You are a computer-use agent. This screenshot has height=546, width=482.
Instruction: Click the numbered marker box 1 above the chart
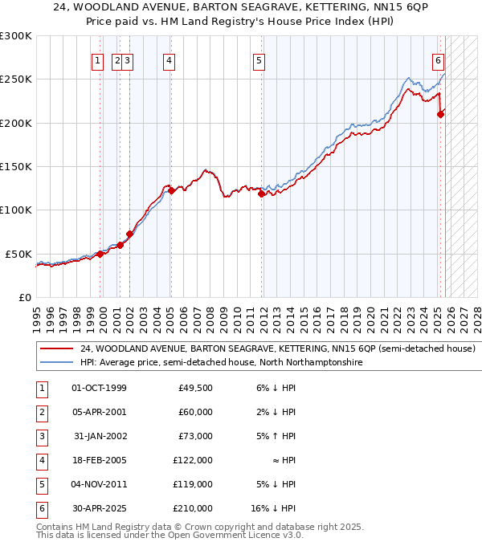(x=97, y=59)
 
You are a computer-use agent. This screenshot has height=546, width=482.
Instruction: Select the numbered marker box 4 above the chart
(x=170, y=59)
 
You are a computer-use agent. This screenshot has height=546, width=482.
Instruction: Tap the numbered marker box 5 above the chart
(x=259, y=59)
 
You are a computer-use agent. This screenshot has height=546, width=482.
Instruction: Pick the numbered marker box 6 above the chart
(x=438, y=59)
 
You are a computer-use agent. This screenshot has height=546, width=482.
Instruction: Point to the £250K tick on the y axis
(x=16, y=79)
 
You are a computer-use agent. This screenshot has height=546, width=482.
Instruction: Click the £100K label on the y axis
(x=16, y=210)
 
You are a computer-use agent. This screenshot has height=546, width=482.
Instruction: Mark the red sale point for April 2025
(x=440, y=115)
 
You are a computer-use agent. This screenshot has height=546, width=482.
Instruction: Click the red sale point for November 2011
(x=261, y=194)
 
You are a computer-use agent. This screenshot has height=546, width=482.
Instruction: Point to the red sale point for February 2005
(x=171, y=191)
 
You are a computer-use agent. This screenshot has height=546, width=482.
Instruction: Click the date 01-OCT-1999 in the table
(x=99, y=388)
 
